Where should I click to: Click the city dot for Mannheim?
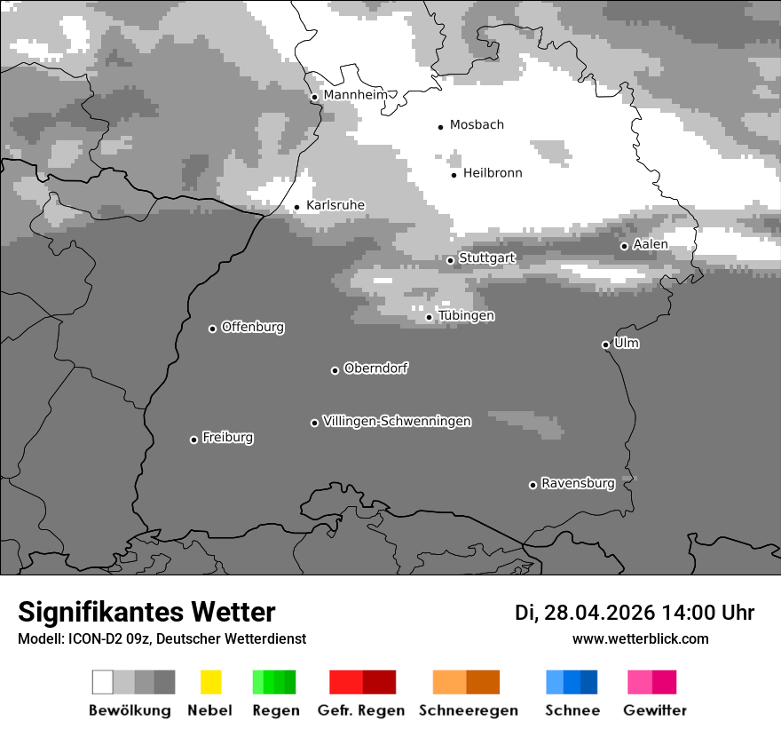pos(314,97)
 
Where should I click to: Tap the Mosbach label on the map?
pos(477,125)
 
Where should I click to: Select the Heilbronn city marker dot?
pos(454,175)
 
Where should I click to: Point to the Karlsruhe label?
pos(335,206)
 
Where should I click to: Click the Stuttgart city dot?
pos(450,260)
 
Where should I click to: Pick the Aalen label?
pos(651,245)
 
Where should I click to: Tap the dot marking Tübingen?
pos(429,317)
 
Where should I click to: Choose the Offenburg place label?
pos(253,328)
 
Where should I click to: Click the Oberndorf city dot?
pos(335,370)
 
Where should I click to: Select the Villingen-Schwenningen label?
pos(397,422)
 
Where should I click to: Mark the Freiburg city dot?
pos(193,440)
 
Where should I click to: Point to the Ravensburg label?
pos(578,484)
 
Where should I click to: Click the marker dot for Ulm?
pos(605,345)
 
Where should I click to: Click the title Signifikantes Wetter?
pos(146,613)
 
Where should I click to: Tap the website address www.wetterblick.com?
pos(641,639)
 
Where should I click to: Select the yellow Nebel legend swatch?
pos(210,682)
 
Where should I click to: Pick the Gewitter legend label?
pos(655,710)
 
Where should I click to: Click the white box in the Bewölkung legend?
pos(103,682)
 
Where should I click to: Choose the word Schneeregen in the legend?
pos(469,710)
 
